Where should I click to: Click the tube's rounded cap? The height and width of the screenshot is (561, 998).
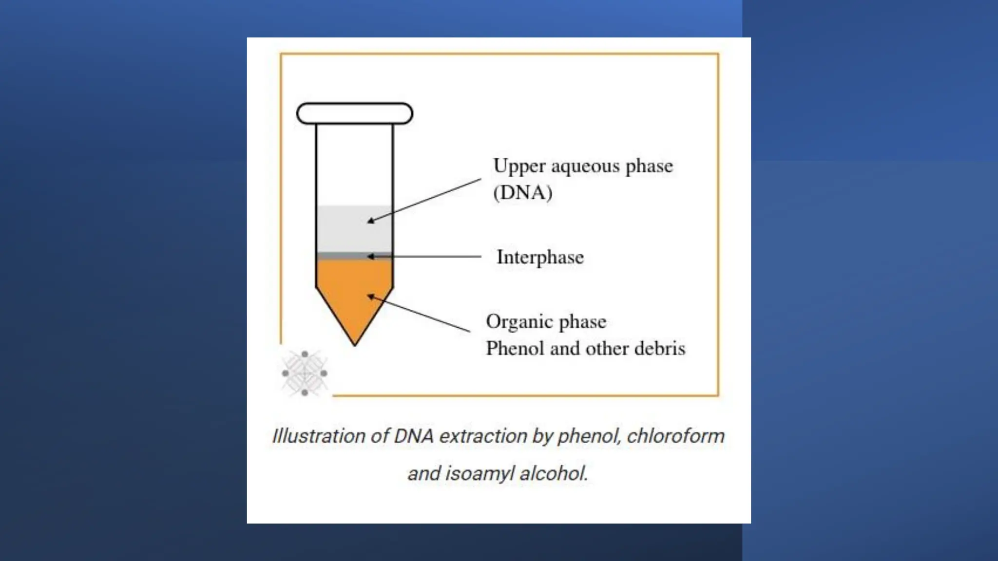click(x=355, y=113)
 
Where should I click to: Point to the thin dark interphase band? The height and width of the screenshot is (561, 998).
click(x=341, y=256)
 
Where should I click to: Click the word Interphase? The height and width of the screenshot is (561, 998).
click(x=540, y=257)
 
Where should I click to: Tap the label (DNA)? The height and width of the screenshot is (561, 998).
click(x=523, y=193)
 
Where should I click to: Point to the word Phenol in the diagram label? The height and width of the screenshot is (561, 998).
click(x=515, y=349)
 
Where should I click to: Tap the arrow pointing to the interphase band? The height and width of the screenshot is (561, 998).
click(x=424, y=256)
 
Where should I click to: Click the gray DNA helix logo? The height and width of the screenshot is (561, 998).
click(x=305, y=374)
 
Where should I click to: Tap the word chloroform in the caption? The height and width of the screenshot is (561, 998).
click(x=675, y=436)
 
